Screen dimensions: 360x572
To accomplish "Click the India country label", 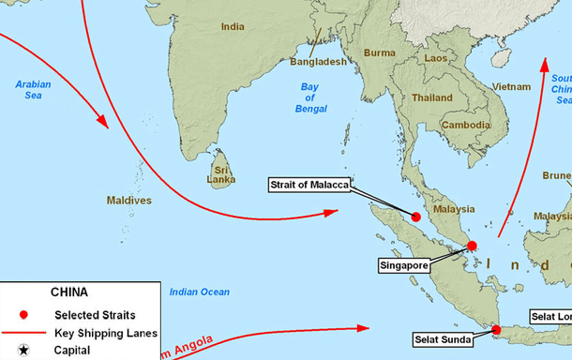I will click(x=233, y=27).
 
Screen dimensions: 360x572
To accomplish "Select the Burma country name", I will click(x=380, y=53).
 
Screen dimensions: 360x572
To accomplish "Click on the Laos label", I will click(x=436, y=58).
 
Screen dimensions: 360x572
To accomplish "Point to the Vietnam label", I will click(x=512, y=87).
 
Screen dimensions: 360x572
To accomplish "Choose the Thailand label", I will click(x=431, y=97).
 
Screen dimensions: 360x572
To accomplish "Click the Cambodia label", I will click(x=466, y=125).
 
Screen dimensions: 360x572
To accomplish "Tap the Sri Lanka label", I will click(x=221, y=172).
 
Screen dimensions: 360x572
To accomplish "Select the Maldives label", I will click(x=129, y=201).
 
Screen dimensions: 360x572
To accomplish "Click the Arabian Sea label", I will click(x=33, y=90).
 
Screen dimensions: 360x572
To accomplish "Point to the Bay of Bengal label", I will click(x=309, y=97).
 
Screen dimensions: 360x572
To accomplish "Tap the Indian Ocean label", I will click(x=199, y=292).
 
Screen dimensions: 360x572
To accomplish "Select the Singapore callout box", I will click(x=405, y=266).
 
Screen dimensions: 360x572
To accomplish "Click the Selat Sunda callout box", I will click(x=444, y=339).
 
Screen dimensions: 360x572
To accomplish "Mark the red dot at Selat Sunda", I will click(x=497, y=329).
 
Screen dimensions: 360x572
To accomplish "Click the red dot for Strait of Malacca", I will click(x=415, y=217).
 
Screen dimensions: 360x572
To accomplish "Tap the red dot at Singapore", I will click(x=472, y=246).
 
